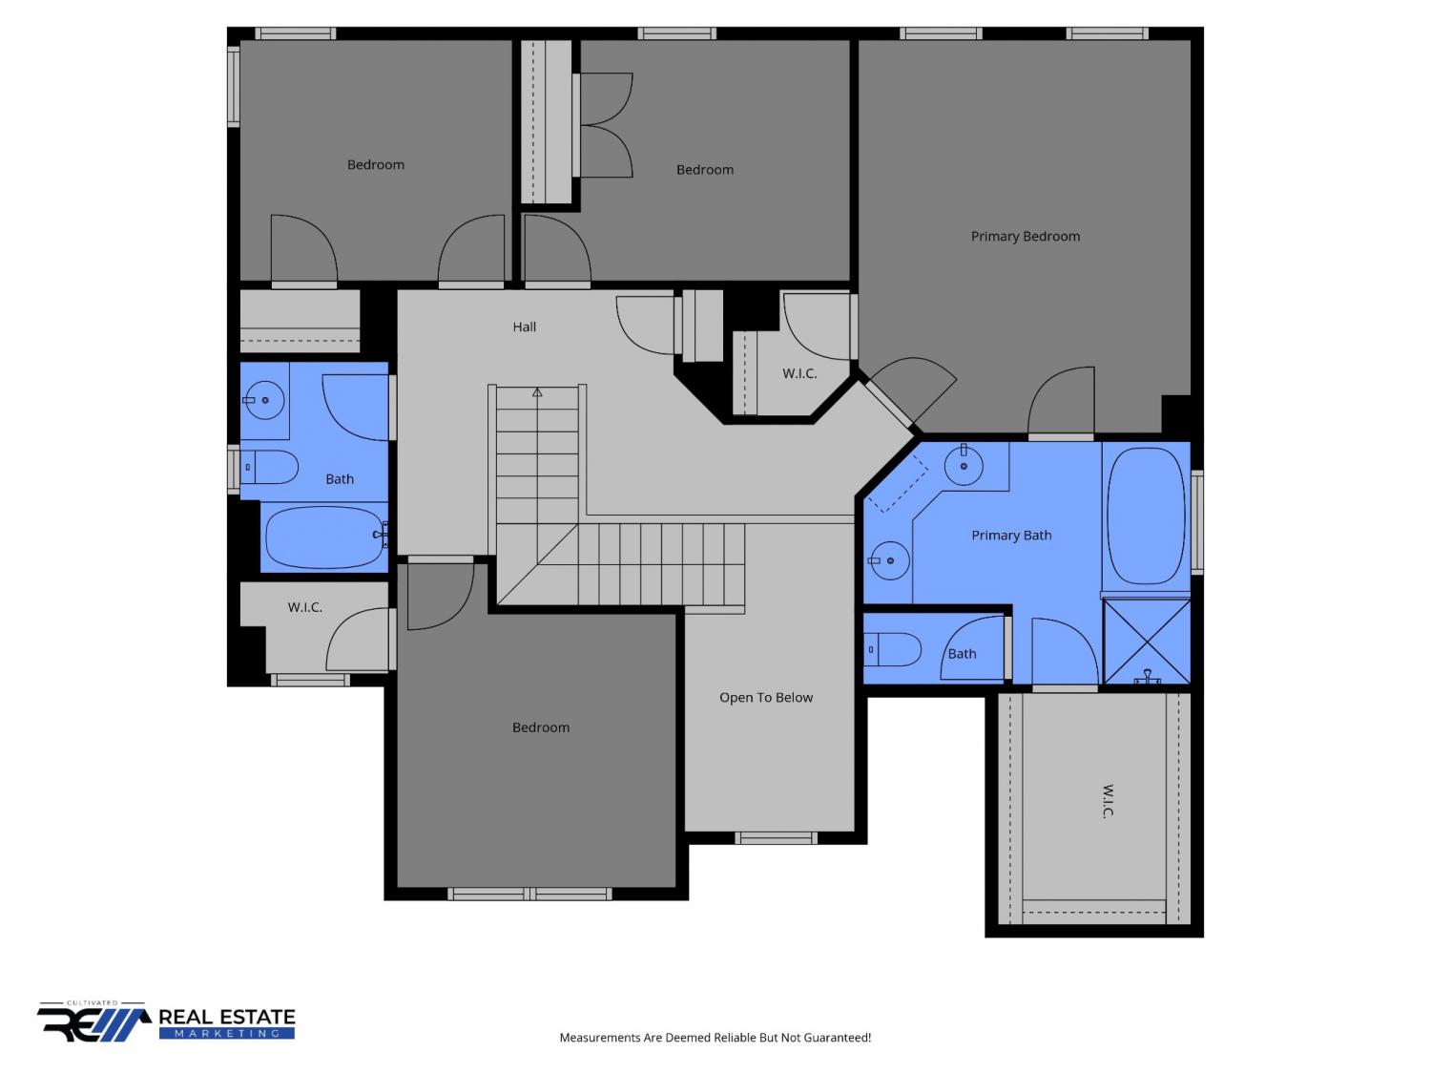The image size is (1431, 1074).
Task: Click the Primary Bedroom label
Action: pos(1025,236)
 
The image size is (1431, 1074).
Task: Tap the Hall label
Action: pos(524,326)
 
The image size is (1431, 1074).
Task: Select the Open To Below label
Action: pos(766,697)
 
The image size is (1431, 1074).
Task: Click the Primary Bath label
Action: pos(1011,536)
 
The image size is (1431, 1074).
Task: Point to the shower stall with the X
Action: pos(1146,641)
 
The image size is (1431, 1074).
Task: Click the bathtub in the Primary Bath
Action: pos(1147,516)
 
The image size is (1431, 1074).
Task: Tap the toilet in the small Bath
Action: pos(892,649)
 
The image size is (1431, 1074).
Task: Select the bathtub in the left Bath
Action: pos(323,537)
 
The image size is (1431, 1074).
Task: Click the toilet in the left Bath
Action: pos(269,467)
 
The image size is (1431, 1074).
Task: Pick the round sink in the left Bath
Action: pos(264,400)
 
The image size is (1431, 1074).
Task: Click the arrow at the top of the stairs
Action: pos(537,392)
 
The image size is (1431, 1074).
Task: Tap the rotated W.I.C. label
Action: pos(1108,801)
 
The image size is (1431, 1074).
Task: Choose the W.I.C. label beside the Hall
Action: pos(799,373)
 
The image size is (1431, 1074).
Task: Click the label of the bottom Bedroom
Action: pos(541,727)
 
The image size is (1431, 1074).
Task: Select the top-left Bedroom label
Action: pos(376,164)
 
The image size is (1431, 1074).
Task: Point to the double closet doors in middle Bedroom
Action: pos(607,125)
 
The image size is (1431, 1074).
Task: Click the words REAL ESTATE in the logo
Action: pos(227,1017)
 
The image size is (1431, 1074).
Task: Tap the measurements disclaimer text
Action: pos(715,1038)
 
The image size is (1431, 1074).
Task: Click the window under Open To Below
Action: pos(776,838)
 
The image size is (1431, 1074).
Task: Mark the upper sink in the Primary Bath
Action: pos(964,466)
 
